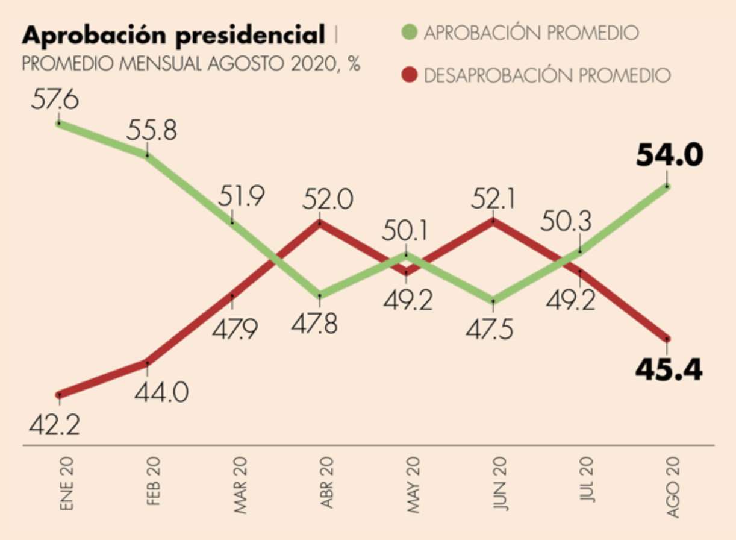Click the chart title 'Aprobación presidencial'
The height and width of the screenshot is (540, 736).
[x=172, y=36]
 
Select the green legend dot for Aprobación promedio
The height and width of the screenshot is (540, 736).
[x=410, y=32]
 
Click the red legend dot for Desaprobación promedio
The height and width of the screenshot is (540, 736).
[x=410, y=75]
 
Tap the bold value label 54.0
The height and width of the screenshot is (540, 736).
[x=669, y=156]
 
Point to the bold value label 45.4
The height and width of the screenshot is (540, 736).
[x=669, y=369]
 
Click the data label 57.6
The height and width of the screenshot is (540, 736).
[x=55, y=99]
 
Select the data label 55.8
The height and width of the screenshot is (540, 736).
[x=151, y=131]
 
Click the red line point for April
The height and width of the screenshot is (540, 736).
[x=320, y=223]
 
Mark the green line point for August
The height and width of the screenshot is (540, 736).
[x=667, y=186]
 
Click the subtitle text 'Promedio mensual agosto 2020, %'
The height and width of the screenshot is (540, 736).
[x=191, y=63]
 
